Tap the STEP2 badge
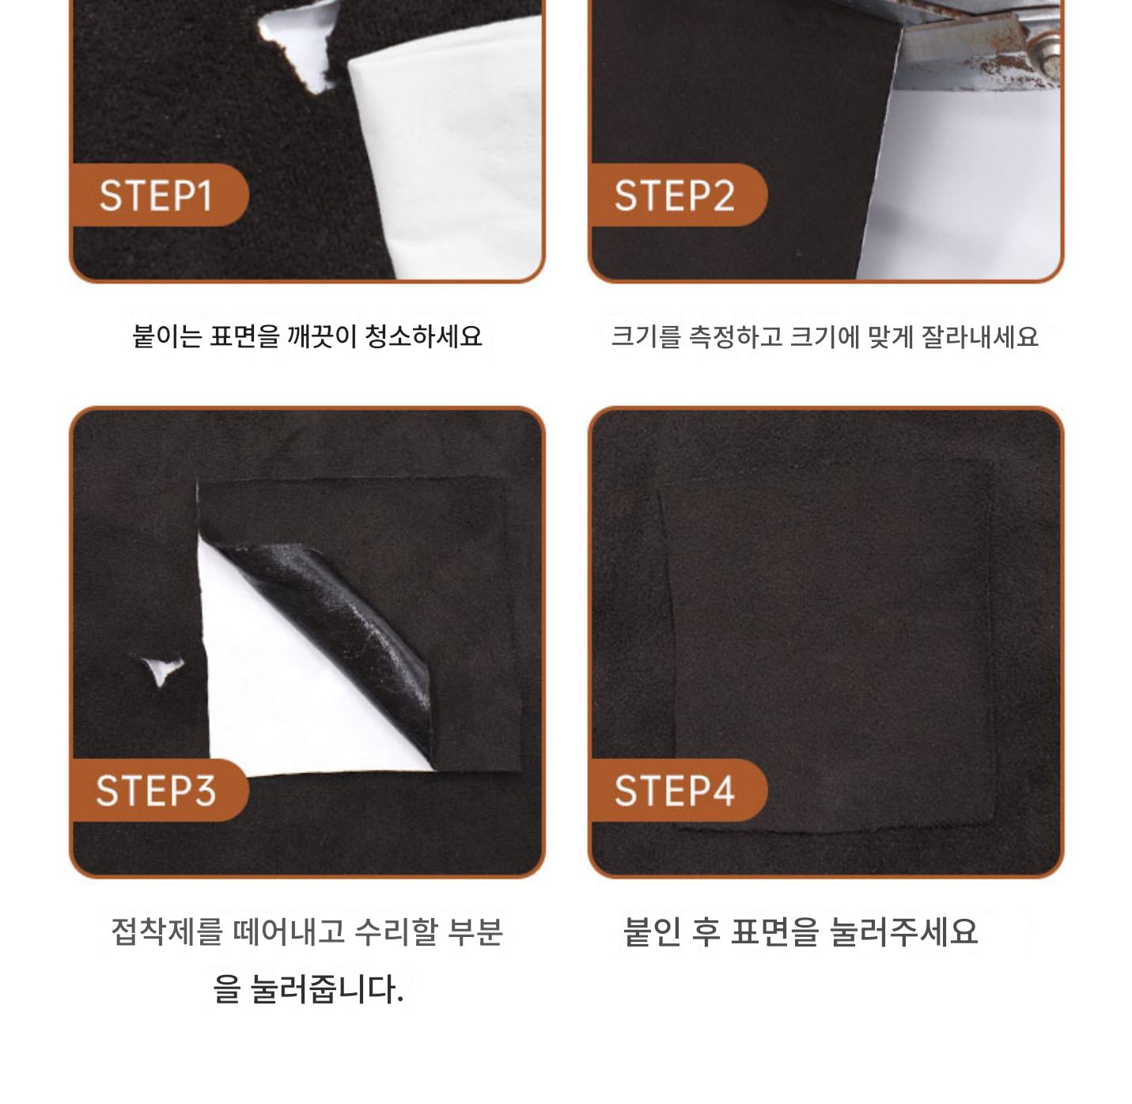tap(678, 195)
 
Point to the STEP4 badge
tap(678, 791)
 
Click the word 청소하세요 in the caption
tap(423, 336)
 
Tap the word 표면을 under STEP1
tap(244, 336)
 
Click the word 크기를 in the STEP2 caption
tap(646, 336)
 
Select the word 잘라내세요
tap(980, 336)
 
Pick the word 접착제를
tap(167, 931)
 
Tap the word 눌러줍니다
tap(327, 988)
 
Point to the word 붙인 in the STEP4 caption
tap(652, 931)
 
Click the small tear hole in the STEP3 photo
tap(162, 670)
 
